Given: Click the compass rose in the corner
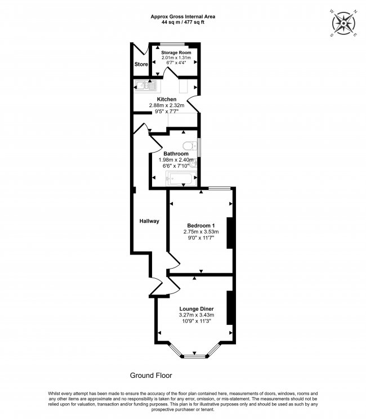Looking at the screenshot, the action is click(343, 23).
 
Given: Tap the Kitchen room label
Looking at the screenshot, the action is click(167, 99).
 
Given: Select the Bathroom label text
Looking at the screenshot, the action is click(176, 154).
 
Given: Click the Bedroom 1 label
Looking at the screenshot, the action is click(201, 225).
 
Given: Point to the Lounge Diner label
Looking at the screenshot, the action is click(197, 309).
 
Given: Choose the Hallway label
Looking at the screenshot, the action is click(149, 221).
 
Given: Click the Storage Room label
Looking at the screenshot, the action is click(176, 52).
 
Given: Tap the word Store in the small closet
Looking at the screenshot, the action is click(141, 64).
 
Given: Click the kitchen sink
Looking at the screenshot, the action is click(146, 86).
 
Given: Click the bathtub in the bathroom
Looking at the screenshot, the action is click(181, 179).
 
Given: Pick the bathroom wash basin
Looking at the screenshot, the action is click(194, 162).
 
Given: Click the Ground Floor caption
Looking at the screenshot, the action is click(151, 376).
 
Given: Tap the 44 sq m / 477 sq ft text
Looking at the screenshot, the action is click(183, 22).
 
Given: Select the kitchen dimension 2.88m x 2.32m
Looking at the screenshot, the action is click(167, 105).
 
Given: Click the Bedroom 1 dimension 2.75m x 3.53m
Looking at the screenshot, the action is click(201, 231).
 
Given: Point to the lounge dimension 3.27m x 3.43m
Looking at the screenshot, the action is click(197, 315).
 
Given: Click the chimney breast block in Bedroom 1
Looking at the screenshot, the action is click(230, 233).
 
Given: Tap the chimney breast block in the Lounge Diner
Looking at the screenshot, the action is click(230, 307).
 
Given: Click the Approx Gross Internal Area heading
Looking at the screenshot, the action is click(183, 16).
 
